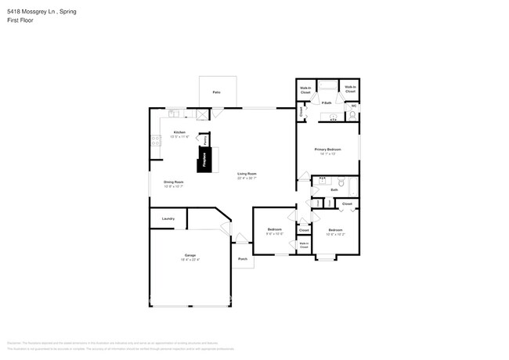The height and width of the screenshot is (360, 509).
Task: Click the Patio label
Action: (x=216, y=92)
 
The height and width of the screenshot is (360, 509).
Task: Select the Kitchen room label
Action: (x=179, y=132)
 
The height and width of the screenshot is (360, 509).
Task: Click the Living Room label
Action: (x=247, y=175)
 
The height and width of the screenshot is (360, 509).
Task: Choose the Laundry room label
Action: (x=168, y=218)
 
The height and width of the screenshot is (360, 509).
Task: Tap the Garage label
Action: (x=190, y=256)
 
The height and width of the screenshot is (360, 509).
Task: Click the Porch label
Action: (x=243, y=258)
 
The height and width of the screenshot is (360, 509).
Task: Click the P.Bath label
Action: (x=327, y=103)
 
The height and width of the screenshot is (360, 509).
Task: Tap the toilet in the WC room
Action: (x=352, y=116)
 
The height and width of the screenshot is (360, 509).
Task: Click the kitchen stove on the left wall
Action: (x=154, y=142)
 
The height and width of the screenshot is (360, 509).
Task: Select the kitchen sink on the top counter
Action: (x=173, y=113)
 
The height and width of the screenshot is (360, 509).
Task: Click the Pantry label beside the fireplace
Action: (x=207, y=139)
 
